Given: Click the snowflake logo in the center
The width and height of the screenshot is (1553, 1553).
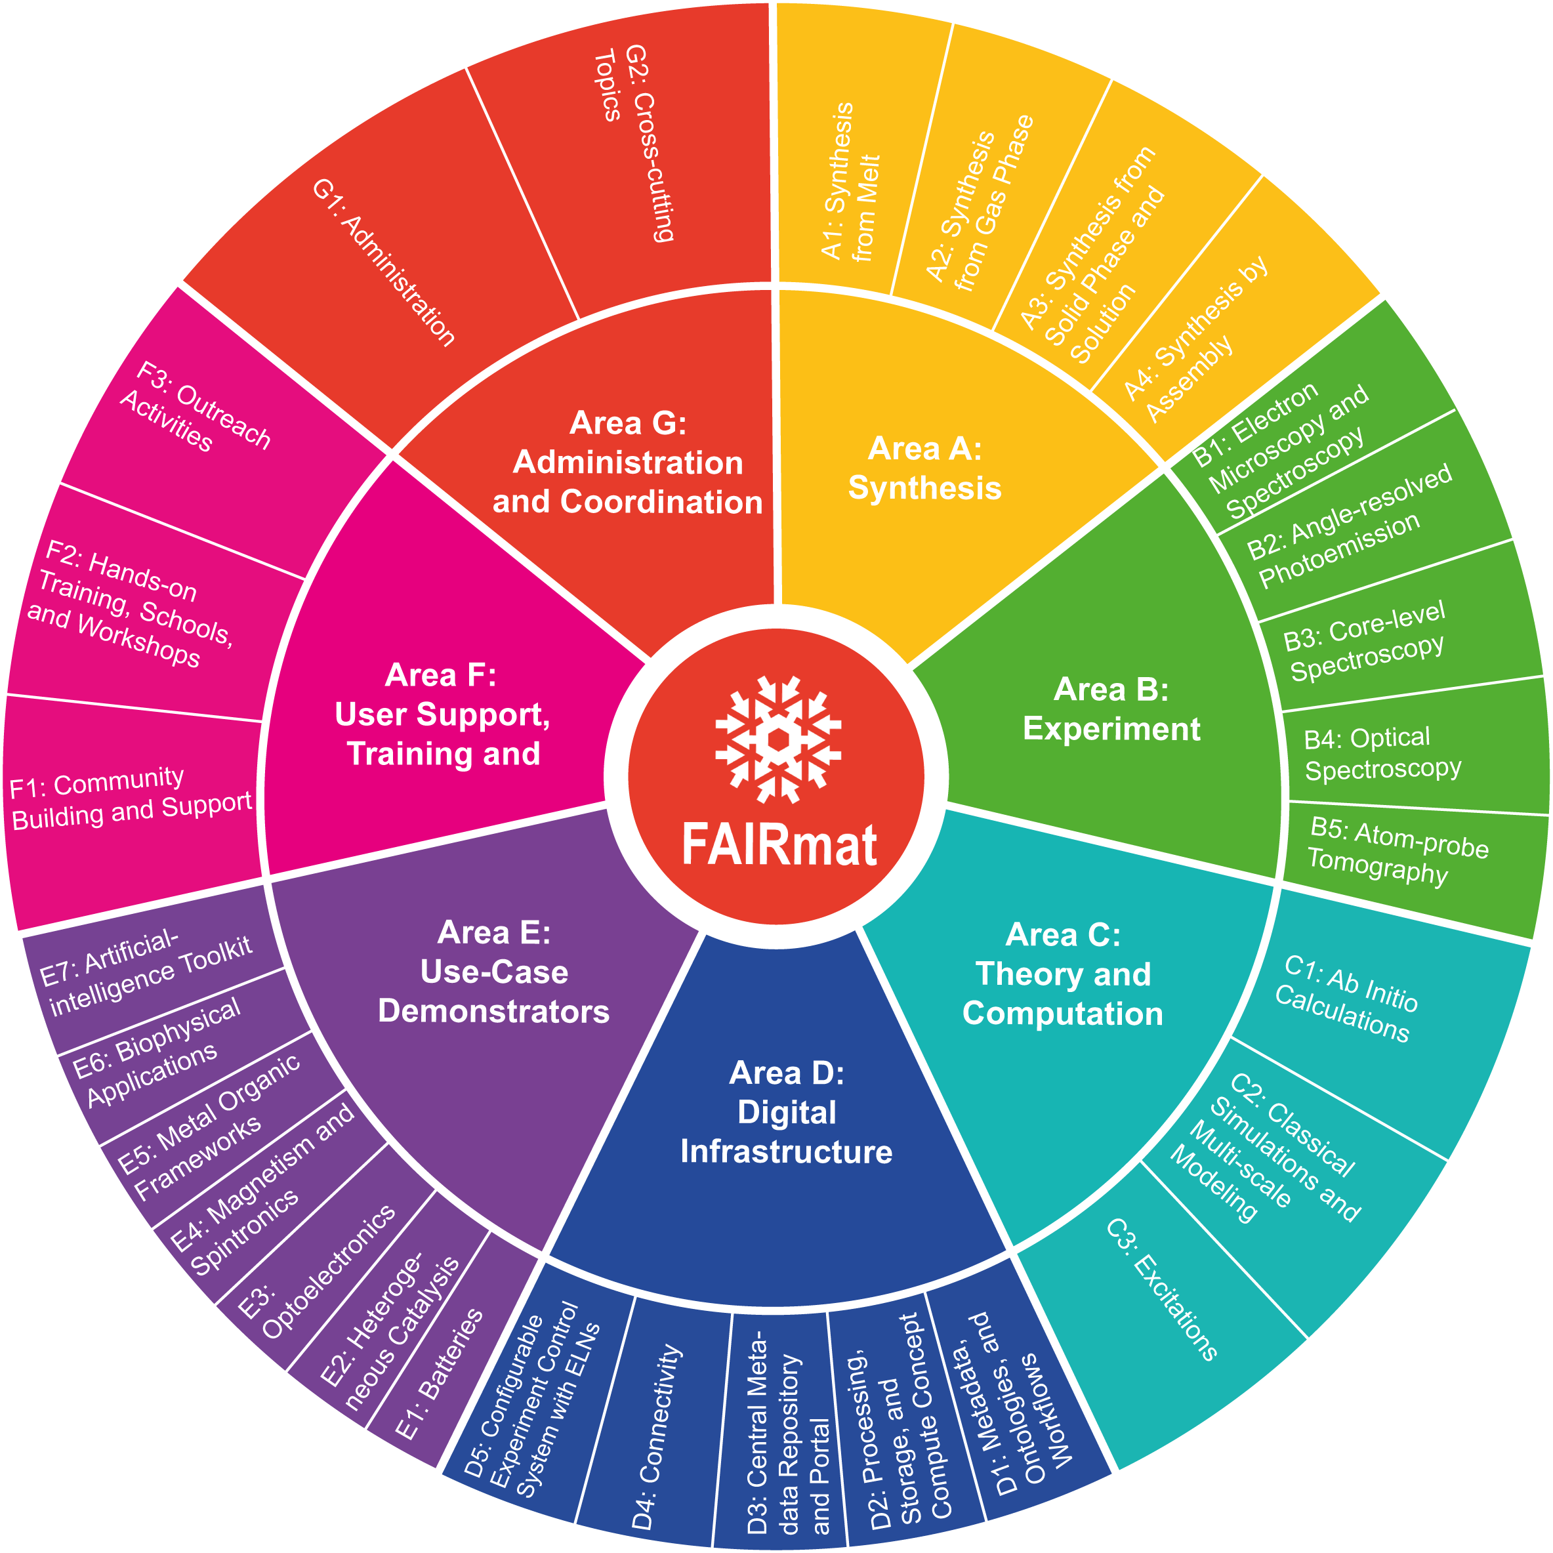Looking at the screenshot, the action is click(777, 739).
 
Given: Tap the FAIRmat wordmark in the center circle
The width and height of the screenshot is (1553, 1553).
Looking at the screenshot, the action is click(779, 845).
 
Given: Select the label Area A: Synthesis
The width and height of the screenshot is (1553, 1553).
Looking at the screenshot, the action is click(924, 468).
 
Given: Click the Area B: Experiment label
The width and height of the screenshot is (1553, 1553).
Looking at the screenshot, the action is click(1111, 709).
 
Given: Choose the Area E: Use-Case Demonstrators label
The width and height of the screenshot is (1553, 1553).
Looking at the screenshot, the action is click(493, 971).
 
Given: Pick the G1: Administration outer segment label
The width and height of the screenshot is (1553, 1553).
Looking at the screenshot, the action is click(383, 262).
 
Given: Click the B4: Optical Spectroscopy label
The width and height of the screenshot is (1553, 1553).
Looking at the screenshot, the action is click(1382, 754).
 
